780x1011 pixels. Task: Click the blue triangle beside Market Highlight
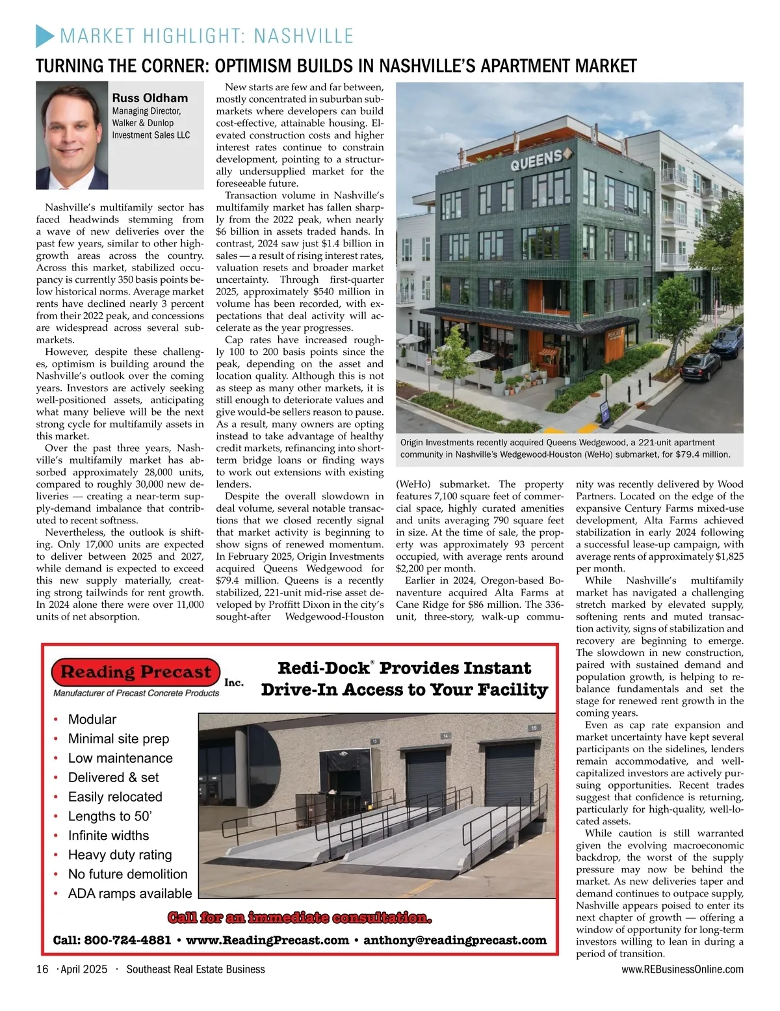(x=44, y=35)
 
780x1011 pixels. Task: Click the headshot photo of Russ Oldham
(x=71, y=135)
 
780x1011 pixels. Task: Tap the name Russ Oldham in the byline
(x=149, y=98)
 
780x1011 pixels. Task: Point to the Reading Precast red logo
(x=136, y=672)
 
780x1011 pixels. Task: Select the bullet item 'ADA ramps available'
(x=130, y=893)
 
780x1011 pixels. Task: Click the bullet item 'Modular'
(x=92, y=719)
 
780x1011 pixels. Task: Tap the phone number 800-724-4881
(x=128, y=940)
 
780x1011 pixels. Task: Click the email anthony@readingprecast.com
(x=455, y=940)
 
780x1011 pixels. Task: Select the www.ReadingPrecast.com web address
(x=267, y=940)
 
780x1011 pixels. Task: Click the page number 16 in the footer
(x=42, y=969)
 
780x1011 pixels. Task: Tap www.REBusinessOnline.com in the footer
(x=682, y=969)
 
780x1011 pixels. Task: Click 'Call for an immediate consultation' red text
(x=300, y=918)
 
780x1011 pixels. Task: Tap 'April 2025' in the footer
(x=84, y=969)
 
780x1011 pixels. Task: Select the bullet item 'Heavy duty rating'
(x=120, y=855)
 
